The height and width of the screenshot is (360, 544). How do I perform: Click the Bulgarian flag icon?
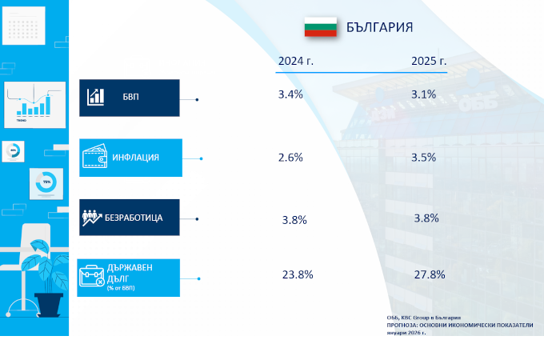pyautogui.click(x=320, y=26)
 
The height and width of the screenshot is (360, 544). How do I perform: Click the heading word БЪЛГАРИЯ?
pyautogui.click(x=379, y=27)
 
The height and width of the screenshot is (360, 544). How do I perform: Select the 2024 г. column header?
pyautogui.click(x=295, y=61)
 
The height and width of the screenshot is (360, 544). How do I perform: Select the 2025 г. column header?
pyautogui.click(x=429, y=61)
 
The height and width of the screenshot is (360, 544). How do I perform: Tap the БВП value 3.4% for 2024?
pyautogui.click(x=290, y=94)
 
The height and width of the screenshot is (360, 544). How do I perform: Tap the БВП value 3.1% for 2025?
pyautogui.click(x=423, y=94)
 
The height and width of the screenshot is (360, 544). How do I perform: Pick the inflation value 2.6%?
pyautogui.click(x=290, y=158)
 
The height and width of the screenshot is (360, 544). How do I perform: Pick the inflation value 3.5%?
pyautogui.click(x=423, y=158)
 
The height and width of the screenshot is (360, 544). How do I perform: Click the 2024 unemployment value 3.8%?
pyautogui.click(x=294, y=220)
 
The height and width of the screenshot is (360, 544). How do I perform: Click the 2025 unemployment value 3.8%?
pyautogui.click(x=426, y=218)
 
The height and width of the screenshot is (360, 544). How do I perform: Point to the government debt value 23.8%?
pyautogui.click(x=297, y=274)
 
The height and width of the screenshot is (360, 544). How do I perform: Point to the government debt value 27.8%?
pyautogui.click(x=430, y=274)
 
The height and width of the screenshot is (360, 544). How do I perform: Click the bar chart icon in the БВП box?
pyautogui.click(x=97, y=97)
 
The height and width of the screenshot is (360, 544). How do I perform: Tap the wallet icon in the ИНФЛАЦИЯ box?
pyautogui.click(x=94, y=158)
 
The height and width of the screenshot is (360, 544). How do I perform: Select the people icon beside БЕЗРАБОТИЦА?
pyautogui.click(x=92, y=218)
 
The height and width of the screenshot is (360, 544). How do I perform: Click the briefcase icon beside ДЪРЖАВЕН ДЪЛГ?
pyautogui.click(x=91, y=277)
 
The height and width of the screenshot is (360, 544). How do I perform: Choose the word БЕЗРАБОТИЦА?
pyautogui.click(x=134, y=218)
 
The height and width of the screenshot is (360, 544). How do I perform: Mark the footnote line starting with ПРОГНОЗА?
pyautogui.click(x=458, y=326)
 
